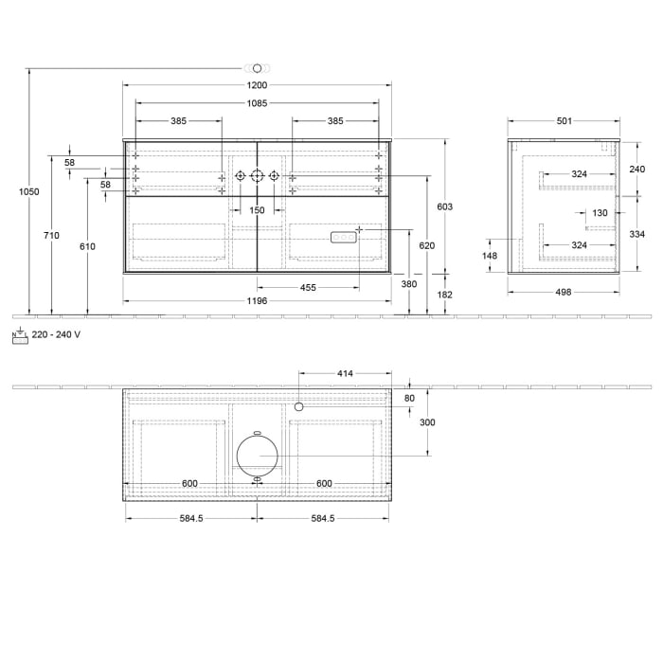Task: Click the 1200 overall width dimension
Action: coord(257,85)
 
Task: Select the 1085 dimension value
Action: coord(257,103)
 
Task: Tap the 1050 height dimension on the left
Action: coord(29,191)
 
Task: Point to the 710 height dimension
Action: coord(51,235)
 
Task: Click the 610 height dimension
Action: coord(87,246)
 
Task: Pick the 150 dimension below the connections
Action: coord(257,210)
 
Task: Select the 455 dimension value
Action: coord(309,287)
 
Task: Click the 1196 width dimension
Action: coord(257,301)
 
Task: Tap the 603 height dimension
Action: coord(443,206)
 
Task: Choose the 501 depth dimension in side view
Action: coord(564,120)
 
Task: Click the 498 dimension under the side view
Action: coord(564,292)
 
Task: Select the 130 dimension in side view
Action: coord(600,213)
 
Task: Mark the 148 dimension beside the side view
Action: coord(490,256)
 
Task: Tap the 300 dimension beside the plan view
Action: coord(426,422)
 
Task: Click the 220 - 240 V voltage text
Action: coord(56,334)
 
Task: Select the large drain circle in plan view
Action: coord(257,455)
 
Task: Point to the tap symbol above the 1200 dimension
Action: coord(257,68)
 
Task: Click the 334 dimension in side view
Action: coord(636,234)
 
